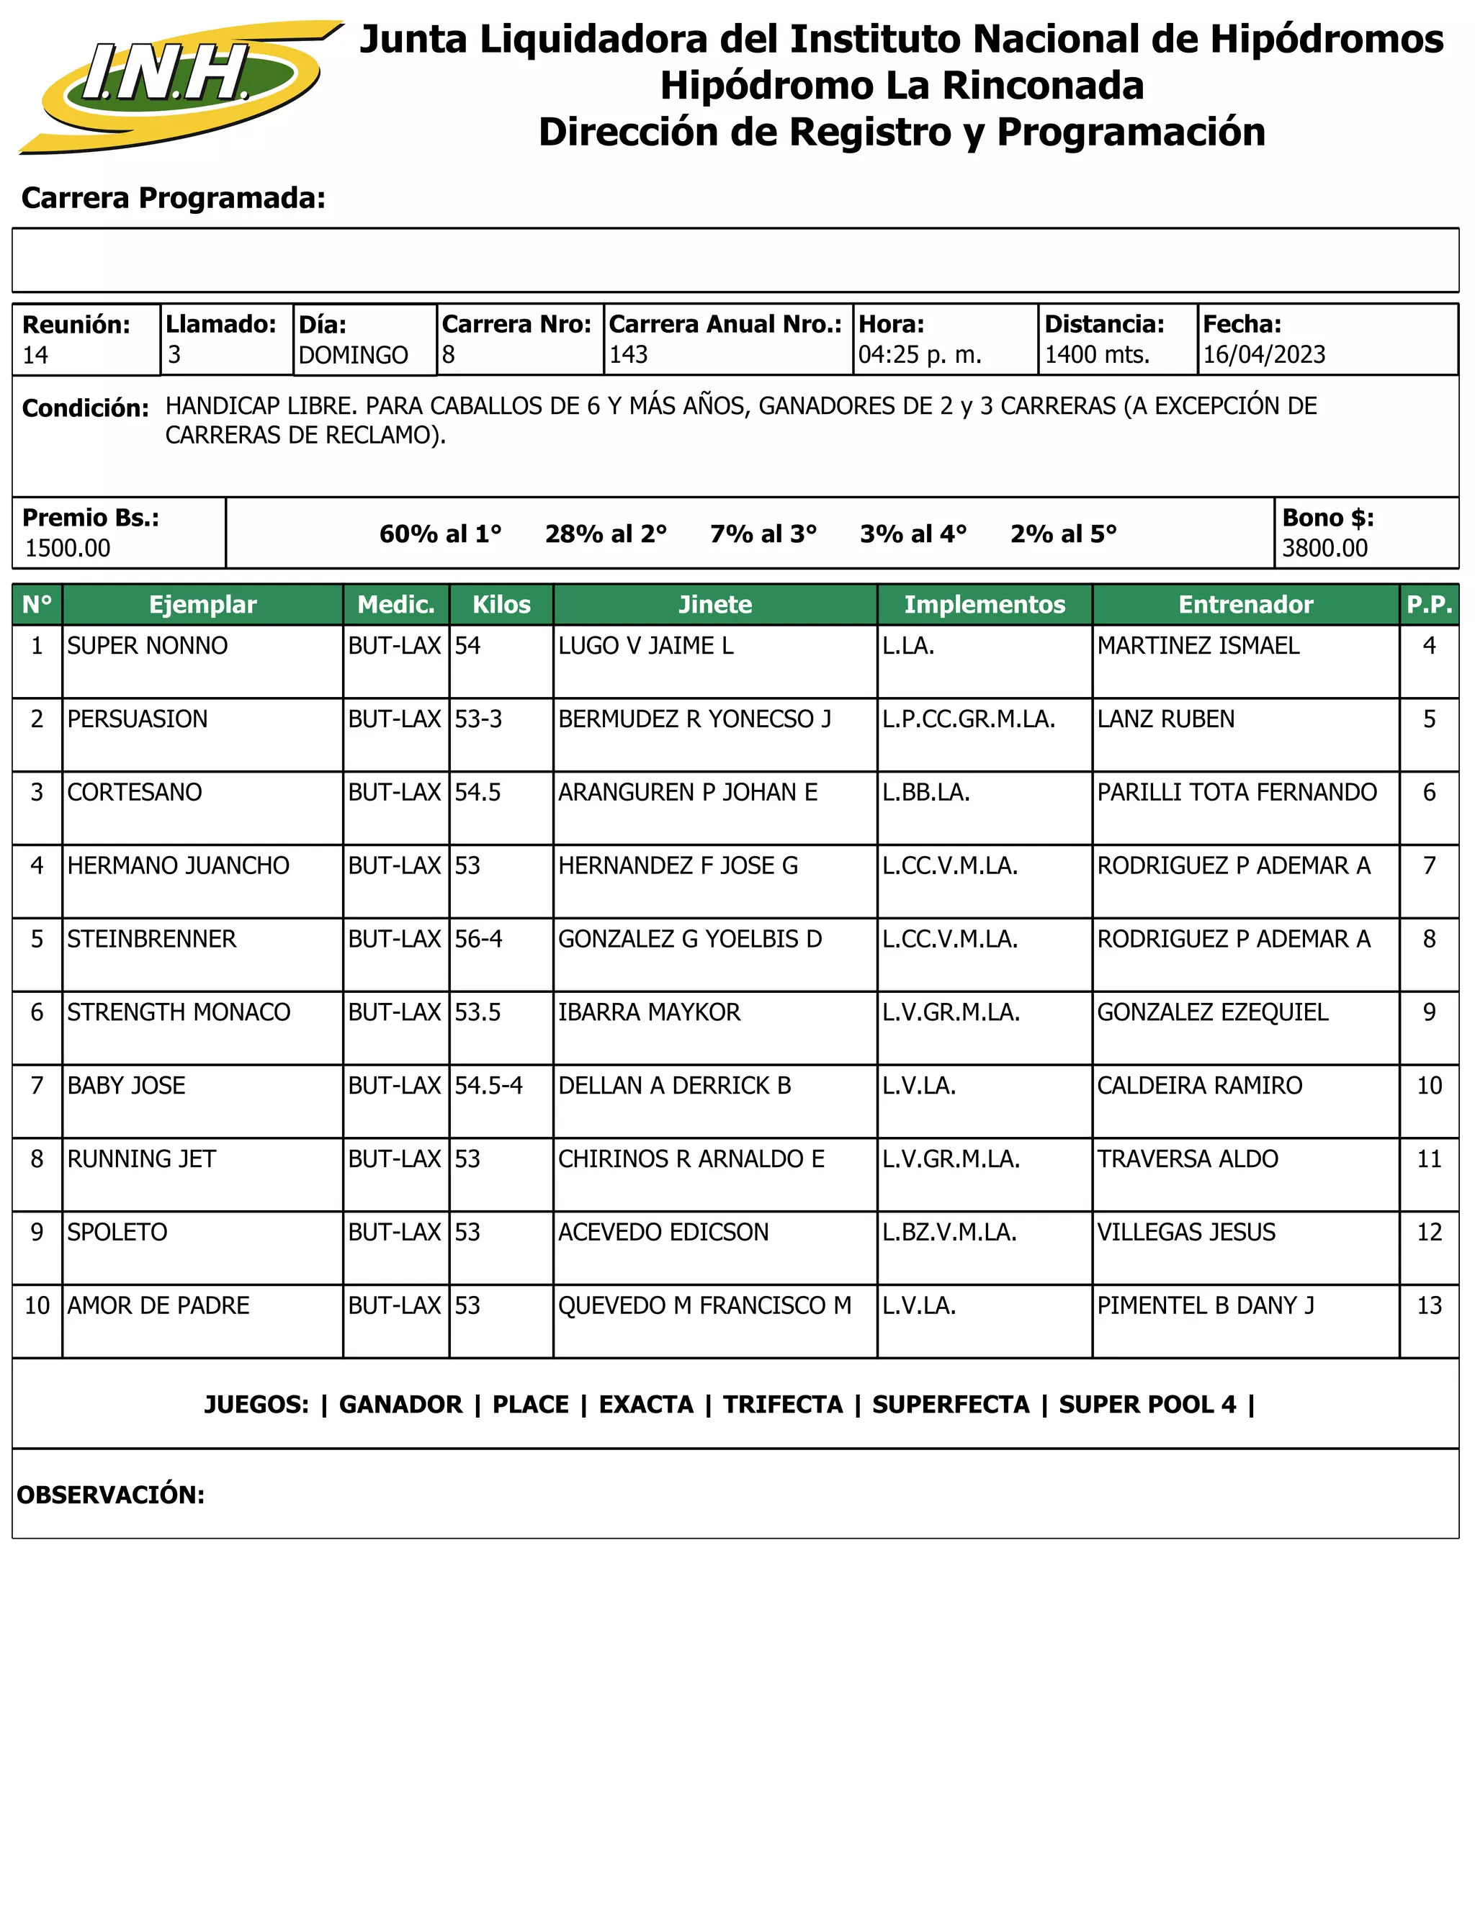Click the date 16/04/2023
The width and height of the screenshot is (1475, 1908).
tap(1263, 355)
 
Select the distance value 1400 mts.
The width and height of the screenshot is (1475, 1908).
tap(1097, 355)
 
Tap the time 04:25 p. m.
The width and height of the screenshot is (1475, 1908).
tap(919, 355)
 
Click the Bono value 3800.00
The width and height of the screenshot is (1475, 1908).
tap(1324, 549)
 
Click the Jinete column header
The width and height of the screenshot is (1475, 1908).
tap(714, 605)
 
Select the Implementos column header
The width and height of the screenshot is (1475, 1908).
tap(984, 605)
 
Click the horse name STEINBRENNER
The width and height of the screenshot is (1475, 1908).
tap(152, 939)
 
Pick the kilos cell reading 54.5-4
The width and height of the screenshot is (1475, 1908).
tap(488, 1086)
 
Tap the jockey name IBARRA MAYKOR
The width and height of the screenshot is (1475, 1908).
tap(649, 1012)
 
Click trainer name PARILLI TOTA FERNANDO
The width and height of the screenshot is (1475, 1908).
tap(1237, 793)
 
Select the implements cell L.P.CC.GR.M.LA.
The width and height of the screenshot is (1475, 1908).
tap(968, 719)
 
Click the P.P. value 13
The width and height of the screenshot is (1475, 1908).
tap(1429, 1306)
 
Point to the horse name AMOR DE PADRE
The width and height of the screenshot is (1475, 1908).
tap(158, 1306)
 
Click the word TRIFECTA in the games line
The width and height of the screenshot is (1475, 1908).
tap(782, 1405)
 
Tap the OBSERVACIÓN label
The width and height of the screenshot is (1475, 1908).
tap(111, 1495)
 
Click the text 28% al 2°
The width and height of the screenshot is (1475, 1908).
tap(606, 534)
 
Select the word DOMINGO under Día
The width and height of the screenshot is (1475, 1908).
tap(353, 356)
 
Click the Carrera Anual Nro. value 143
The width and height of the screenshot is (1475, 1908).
tap(628, 355)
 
